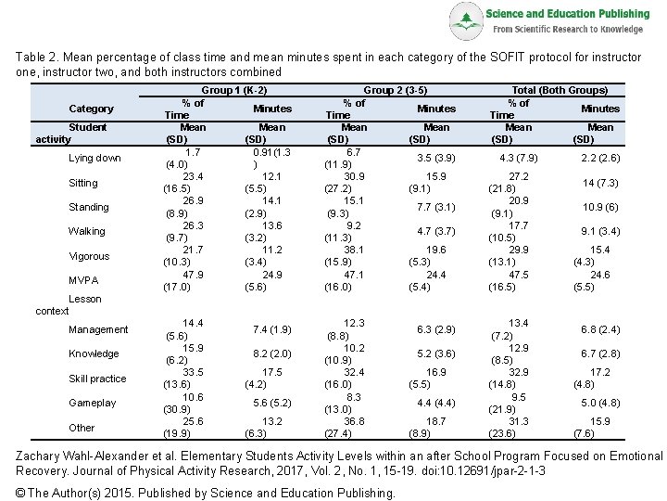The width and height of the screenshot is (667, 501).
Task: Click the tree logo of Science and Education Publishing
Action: tap(467, 20)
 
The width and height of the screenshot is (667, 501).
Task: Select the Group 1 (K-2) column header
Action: tap(234, 90)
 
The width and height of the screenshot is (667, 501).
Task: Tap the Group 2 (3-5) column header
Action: tap(396, 90)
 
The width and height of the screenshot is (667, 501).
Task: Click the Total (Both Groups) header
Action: tap(560, 90)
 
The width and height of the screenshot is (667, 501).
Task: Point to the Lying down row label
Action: tap(94, 158)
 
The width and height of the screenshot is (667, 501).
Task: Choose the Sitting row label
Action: tap(83, 183)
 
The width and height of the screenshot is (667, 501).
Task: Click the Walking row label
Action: tap(87, 231)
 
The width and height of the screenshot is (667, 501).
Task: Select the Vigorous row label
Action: tap(89, 256)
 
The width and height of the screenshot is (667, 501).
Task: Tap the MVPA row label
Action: tap(83, 280)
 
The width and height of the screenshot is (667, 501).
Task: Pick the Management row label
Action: tap(98, 329)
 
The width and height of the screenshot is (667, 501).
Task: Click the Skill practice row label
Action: tap(97, 379)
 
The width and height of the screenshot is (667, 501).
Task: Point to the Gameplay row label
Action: tap(93, 403)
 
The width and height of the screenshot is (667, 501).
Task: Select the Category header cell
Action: tap(91, 109)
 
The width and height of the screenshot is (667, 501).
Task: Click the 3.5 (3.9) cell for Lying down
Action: tap(436, 158)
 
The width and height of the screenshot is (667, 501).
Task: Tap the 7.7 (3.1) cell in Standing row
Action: tap(436, 207)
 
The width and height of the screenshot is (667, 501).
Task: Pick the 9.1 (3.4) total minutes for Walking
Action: tap(600, 231)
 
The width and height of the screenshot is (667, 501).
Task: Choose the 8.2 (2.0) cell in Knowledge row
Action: tap(272, 353)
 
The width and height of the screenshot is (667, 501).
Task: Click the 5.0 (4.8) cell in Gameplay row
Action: tap(600, 403)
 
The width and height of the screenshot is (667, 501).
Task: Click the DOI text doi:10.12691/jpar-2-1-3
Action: tap(484, 471)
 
